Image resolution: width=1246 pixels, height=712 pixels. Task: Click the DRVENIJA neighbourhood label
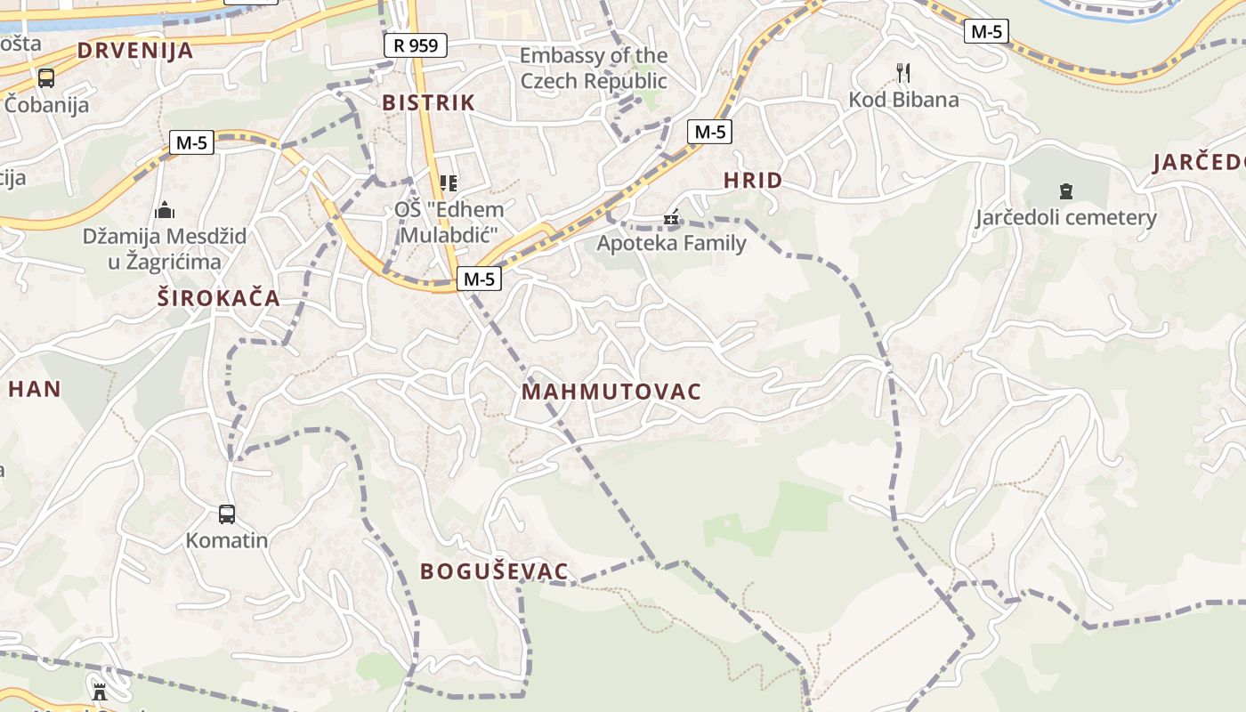tap(135, 50)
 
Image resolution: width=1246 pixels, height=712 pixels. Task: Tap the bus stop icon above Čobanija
tap(45, 78)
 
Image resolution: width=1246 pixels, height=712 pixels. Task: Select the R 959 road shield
tap(416, 45)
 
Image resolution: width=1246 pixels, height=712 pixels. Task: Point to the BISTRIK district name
tap(429, 102)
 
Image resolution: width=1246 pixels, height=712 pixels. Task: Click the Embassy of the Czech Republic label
tap(594, 69)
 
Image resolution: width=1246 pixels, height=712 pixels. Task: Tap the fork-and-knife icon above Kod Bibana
tap(903, 72)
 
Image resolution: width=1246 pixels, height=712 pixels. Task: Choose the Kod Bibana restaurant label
tap(903, 99)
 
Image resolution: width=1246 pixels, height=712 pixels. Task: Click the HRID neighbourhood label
tap(753, 181)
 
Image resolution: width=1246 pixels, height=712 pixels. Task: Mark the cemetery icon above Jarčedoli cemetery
tap(1065, 190)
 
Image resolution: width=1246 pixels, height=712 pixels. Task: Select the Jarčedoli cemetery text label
tap(1065, 217)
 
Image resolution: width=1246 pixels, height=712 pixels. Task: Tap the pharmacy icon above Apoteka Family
tap(671, 217)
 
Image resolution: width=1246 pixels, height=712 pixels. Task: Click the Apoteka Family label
tap(671, 243)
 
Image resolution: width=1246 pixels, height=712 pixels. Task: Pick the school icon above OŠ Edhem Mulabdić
tap(449, 183)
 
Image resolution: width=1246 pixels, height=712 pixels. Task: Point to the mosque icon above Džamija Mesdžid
tap(165, 211)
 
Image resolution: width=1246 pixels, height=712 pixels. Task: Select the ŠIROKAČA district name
tap(219, 298)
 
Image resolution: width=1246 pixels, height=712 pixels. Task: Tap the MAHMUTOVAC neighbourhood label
tap(611, 392)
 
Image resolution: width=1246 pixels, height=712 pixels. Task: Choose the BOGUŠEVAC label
tap(494, 571)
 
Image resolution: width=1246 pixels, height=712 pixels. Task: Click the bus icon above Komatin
tap(227, 514)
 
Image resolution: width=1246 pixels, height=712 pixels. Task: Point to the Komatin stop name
tap(227, 540)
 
